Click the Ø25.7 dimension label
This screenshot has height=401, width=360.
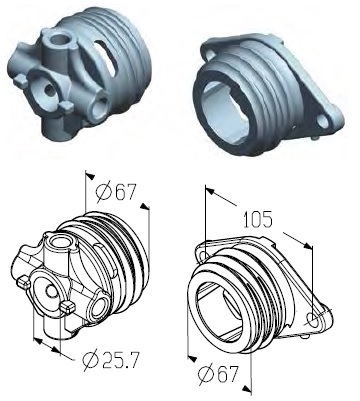(x=109, y=361)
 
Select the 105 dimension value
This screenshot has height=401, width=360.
(x=258, y=219)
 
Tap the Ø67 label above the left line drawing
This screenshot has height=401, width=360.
(x=116, y=193)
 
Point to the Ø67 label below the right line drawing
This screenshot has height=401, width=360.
(x=218, y=373)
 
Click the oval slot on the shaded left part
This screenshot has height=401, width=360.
(x=106, y=57)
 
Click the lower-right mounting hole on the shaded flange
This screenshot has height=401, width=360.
(x=322, y=121)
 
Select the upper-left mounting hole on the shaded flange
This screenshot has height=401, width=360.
(x=209, y=53)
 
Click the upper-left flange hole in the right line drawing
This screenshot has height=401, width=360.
(x=205, y=255)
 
